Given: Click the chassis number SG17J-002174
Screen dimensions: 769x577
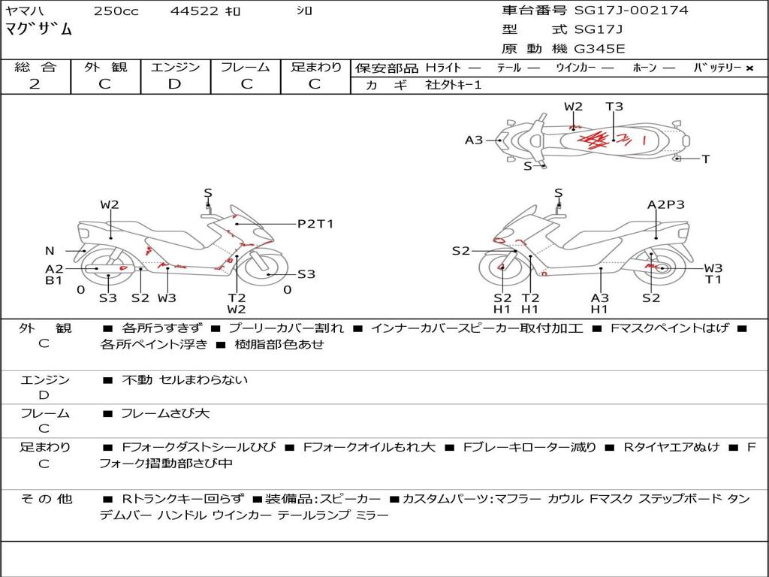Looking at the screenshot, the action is [x=631, y=11].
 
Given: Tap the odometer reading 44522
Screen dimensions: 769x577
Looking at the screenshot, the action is [x=194, y=11].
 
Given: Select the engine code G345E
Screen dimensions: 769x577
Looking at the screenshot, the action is [x=599, y=50].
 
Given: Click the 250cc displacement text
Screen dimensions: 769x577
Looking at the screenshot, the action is [x=116, y=11].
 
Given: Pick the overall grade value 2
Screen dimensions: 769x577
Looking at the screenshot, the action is [x=35, y=84].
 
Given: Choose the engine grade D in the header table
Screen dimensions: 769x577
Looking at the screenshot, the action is [x=175, y=84].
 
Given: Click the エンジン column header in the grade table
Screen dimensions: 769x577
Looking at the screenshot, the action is [x=175, y=68].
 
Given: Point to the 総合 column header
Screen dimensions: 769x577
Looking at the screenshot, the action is [x=35, y=68].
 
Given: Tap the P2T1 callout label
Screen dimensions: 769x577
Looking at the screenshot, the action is [x=315, y=224].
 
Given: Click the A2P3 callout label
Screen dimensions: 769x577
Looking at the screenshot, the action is [x=666, y=204].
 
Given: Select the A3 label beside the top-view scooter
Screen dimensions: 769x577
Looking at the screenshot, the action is [x=474, y=140].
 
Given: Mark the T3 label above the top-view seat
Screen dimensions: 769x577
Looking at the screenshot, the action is [x=614, y=107].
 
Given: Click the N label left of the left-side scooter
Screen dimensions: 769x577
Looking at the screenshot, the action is [x=50, y=251].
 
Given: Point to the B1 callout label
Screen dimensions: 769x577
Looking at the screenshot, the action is [x=53, y=280].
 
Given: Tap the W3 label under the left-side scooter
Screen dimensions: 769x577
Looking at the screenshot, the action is [x=167, y=298].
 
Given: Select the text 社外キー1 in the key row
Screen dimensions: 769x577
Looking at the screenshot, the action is [x=454, y=85].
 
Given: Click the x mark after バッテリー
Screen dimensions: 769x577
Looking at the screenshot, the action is [x=749, y=68].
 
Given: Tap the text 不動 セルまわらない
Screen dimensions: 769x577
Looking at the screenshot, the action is [x=185, y=380].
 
